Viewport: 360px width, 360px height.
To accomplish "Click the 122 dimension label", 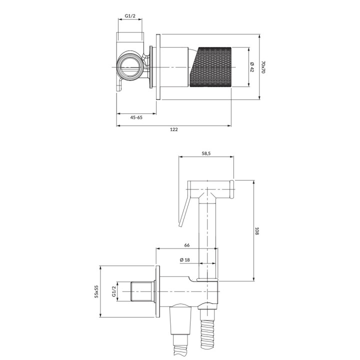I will (174, 129).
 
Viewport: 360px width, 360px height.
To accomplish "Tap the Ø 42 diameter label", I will (252, 66).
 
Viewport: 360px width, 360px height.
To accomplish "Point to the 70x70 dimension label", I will (263, 66).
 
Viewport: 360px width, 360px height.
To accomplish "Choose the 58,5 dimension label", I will (205, 153).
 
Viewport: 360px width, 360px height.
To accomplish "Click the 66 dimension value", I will (186, 245).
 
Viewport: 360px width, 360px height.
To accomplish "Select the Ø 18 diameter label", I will (184, 259).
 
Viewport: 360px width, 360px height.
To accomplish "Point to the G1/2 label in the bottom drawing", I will (113, 291).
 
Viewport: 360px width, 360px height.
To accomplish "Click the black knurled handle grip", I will (212, 67).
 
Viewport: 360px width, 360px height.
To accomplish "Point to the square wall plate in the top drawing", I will (158, 67).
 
